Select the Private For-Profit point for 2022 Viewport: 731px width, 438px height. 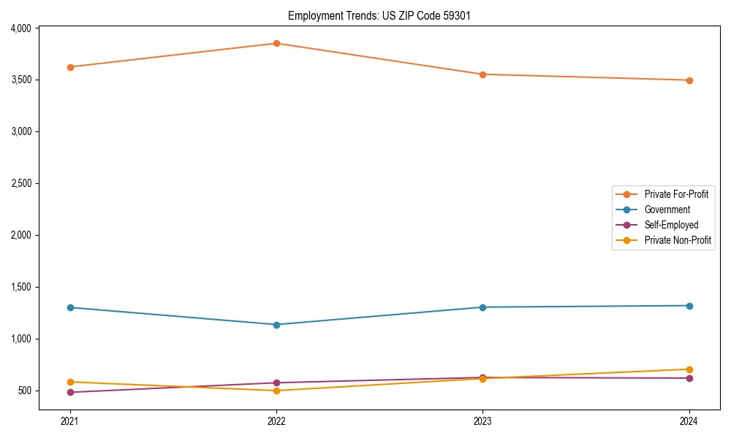276,43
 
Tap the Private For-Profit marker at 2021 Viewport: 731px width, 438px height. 70,67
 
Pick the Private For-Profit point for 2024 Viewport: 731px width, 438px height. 689,80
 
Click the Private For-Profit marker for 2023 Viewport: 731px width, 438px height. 482,74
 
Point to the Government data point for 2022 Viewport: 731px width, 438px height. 276,325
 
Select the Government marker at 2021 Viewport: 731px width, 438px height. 70,307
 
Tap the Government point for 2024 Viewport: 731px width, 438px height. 689,306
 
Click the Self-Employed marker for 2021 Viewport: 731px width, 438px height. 70,392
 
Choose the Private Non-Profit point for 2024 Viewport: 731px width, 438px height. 689,369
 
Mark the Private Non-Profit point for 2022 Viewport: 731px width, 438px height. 276,391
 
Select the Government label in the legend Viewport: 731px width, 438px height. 667,210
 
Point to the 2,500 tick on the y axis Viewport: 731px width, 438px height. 21,183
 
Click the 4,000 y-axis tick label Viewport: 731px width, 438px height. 21,28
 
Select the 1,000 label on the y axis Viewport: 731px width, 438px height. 21,339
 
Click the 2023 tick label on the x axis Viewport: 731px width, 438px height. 482,420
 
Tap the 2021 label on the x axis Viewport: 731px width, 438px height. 70,420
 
